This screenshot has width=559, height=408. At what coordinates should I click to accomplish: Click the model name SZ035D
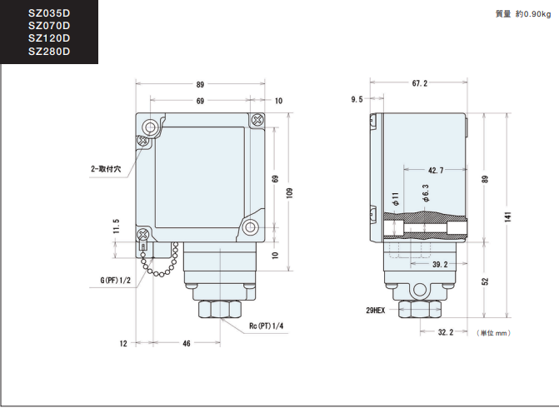[x=49, y=13]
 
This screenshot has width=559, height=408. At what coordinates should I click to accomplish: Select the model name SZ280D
[x=49, y=52]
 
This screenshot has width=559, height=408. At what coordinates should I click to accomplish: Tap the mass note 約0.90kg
[x=533, y=14]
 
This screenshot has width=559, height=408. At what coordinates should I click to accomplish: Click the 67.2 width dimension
[x=420, y=83]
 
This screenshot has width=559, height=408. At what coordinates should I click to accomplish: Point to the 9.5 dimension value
[x=357, y=99]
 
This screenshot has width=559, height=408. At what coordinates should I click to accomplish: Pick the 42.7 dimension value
[x=436, y=171]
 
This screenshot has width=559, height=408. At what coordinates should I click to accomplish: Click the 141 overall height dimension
[x=507, y=216]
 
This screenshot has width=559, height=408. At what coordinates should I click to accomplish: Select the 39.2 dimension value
[x=440, y=265]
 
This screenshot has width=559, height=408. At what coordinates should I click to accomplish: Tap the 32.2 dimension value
[x=446, y=332]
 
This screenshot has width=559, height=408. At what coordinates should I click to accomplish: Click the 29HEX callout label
[x=376, y=311]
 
